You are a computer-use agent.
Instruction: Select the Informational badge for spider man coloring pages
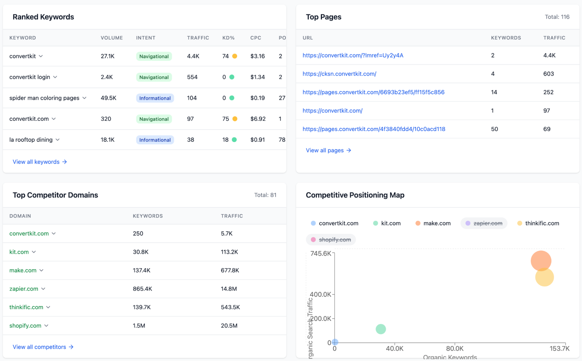tap(155, 98)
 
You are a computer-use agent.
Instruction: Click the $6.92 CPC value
tap(258, 119)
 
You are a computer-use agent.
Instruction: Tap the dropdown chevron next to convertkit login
tap(55, 77)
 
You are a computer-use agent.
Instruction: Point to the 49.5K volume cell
tap(108, 98)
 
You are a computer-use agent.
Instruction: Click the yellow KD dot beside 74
tap(235, 56)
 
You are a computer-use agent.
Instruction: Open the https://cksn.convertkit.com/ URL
tap(339, 74)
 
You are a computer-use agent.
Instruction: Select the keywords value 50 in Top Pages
tap(494, 129)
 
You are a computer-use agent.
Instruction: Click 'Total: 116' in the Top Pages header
tap(557, 17)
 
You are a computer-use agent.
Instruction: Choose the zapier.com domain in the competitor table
tap(24, 289)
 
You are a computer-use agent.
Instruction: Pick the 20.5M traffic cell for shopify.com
tap(229, 325)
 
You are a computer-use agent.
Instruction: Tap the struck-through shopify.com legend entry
tap(335, 240)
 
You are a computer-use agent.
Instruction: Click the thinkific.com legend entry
tap(542, 223)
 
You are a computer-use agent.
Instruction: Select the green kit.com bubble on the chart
tap(381, 329)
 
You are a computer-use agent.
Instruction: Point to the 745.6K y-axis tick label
tap(320, 253)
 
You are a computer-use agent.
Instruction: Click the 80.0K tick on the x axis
tap(454, 348)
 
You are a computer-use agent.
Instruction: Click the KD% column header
tap(228, 38)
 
